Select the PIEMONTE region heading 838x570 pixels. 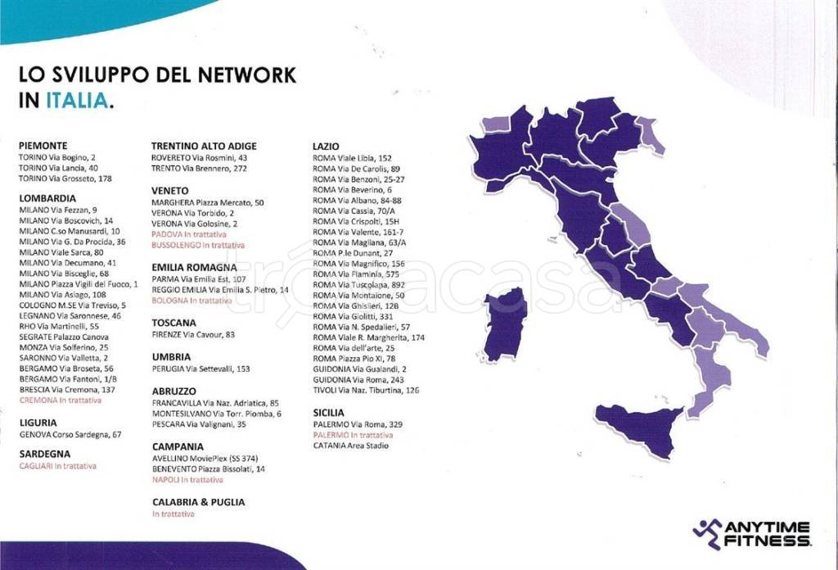click(43, 145)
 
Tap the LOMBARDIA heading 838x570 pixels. click(47, 198)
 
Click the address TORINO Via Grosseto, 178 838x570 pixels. click(65, 178)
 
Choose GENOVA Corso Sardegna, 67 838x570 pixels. click(70, 434)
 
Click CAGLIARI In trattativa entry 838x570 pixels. click(57, 466)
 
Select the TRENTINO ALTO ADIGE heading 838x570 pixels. click(205, 146)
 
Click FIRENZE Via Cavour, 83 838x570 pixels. click(193, 334)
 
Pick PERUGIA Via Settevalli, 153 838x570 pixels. click(200, 369)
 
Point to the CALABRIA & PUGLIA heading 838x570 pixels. click(198, 501)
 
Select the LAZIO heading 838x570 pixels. click(327, 146)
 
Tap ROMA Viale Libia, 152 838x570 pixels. click(352, 157)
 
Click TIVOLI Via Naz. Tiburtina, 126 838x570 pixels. click(366, 390)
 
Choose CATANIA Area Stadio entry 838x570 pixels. click(351, 446)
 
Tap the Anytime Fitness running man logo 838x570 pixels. click(706, 533)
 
